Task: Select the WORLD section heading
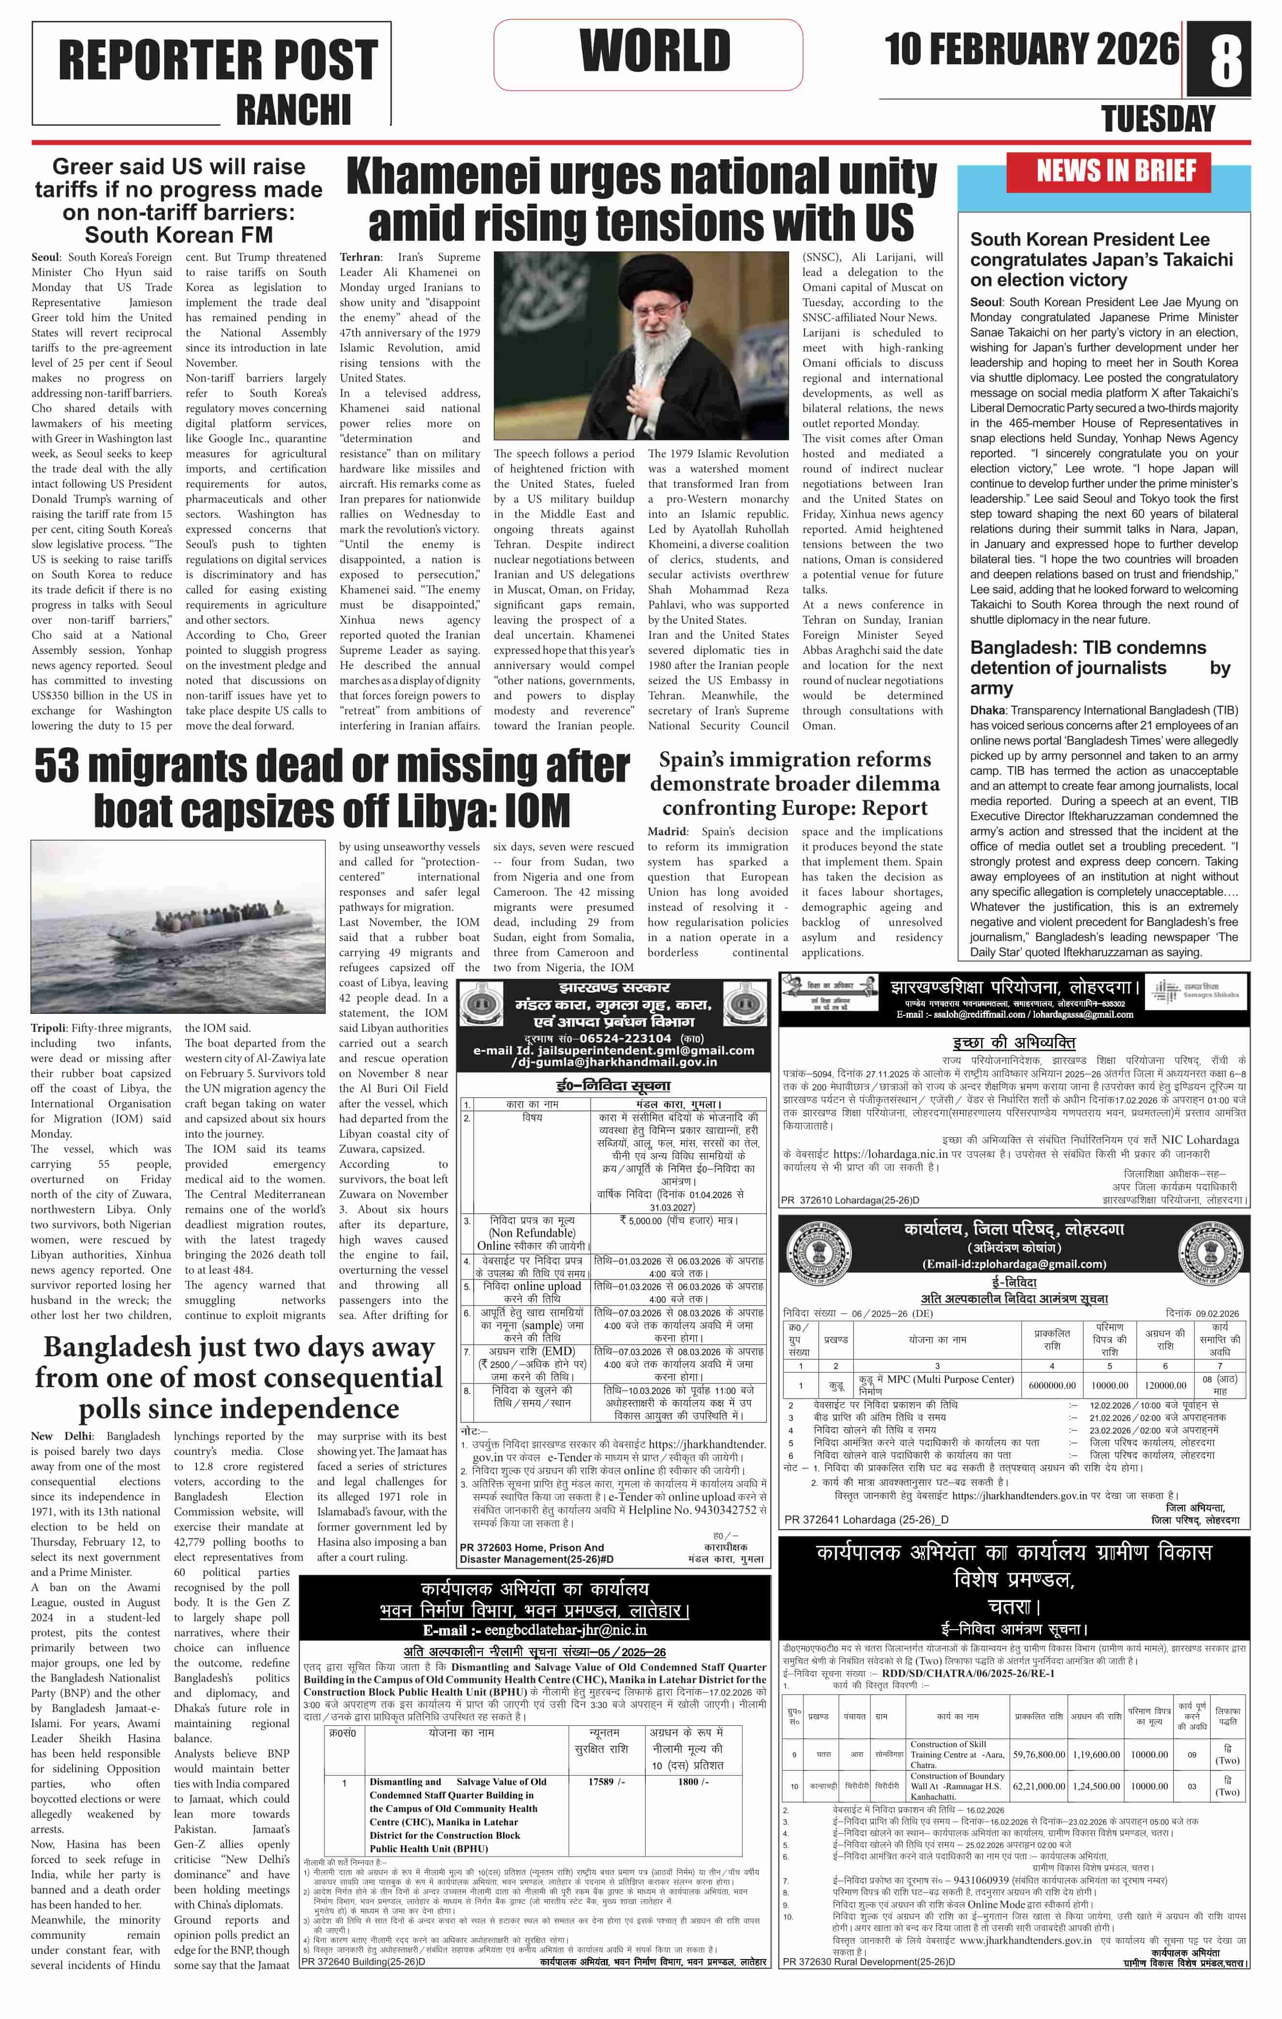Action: point(655,51)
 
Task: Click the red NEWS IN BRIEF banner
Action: point(1116,172)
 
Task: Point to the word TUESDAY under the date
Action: point(1158,120)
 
